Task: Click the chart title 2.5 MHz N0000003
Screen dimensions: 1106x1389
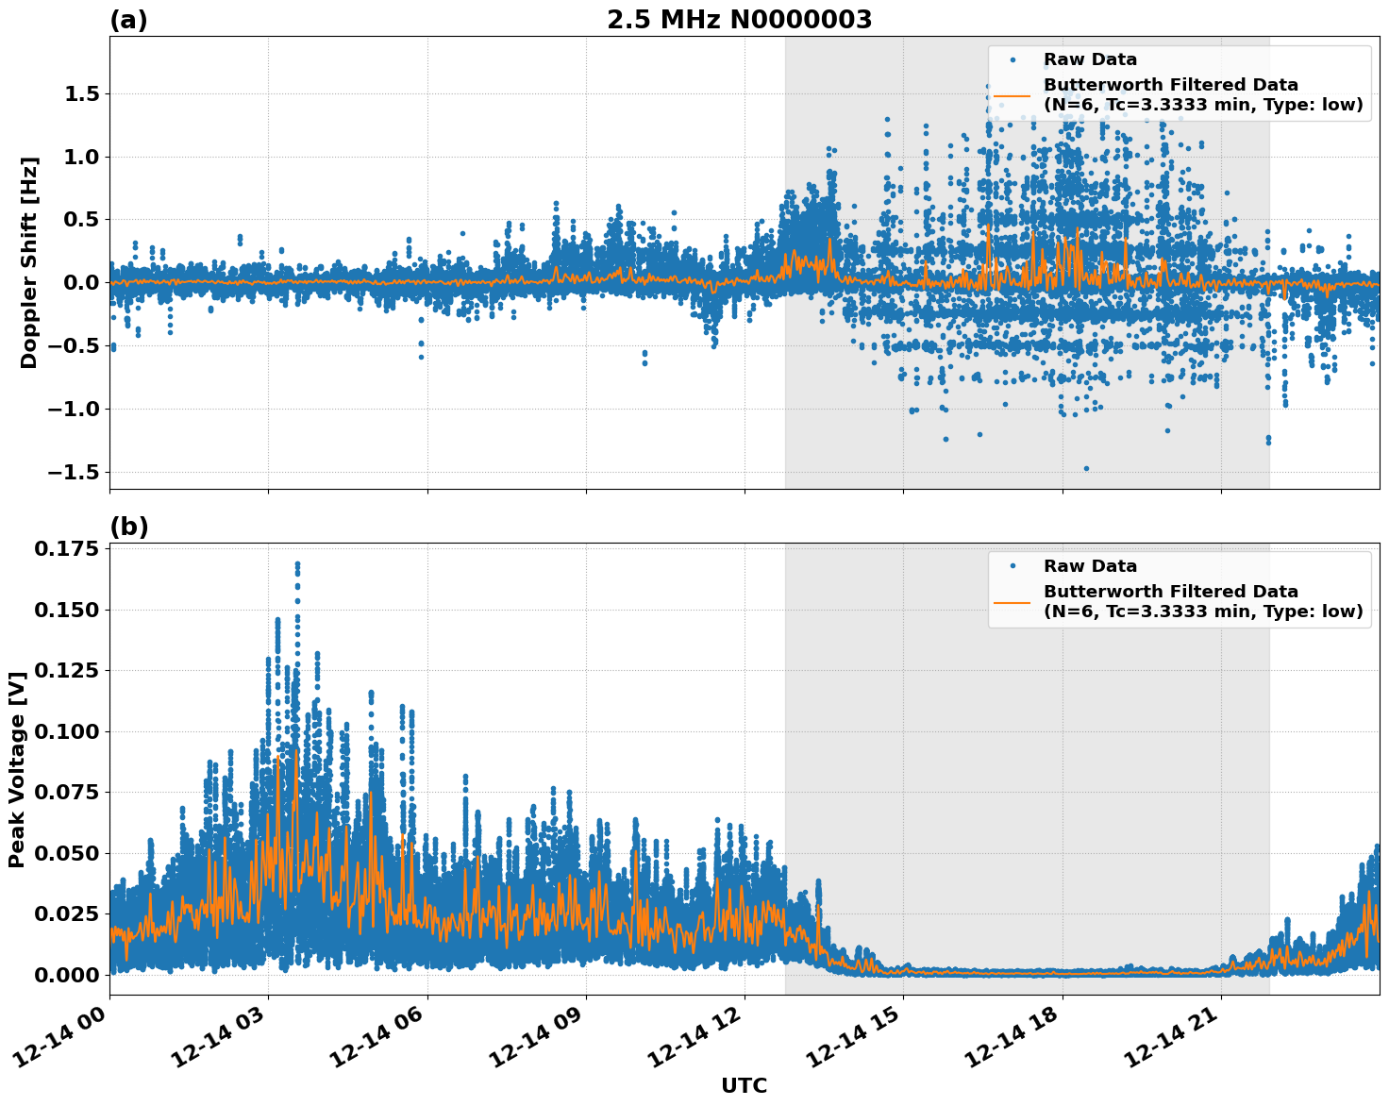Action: tap(739, 20)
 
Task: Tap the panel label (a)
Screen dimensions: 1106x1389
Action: tap(128, 20)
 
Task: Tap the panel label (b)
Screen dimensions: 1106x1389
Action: tap(128, 527)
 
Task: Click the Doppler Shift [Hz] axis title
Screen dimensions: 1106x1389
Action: tap(29, 262)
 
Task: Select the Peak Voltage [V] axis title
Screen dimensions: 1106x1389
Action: tap(16, 768)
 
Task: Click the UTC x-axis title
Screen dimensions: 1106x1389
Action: tap(744, 1085)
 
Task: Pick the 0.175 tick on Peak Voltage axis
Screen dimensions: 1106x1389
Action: tap(66, 549)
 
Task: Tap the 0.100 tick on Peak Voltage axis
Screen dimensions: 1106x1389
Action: tap(66, 731)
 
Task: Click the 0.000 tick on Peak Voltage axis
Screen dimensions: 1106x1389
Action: tap(66, 974)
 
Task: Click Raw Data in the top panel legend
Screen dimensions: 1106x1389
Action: tap(1090, 59)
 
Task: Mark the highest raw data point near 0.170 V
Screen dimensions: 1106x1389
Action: tap(297, 564)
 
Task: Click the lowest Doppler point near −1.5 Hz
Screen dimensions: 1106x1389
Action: tap(1086, 468)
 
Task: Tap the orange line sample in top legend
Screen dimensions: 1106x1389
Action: tap(1012, 94)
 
